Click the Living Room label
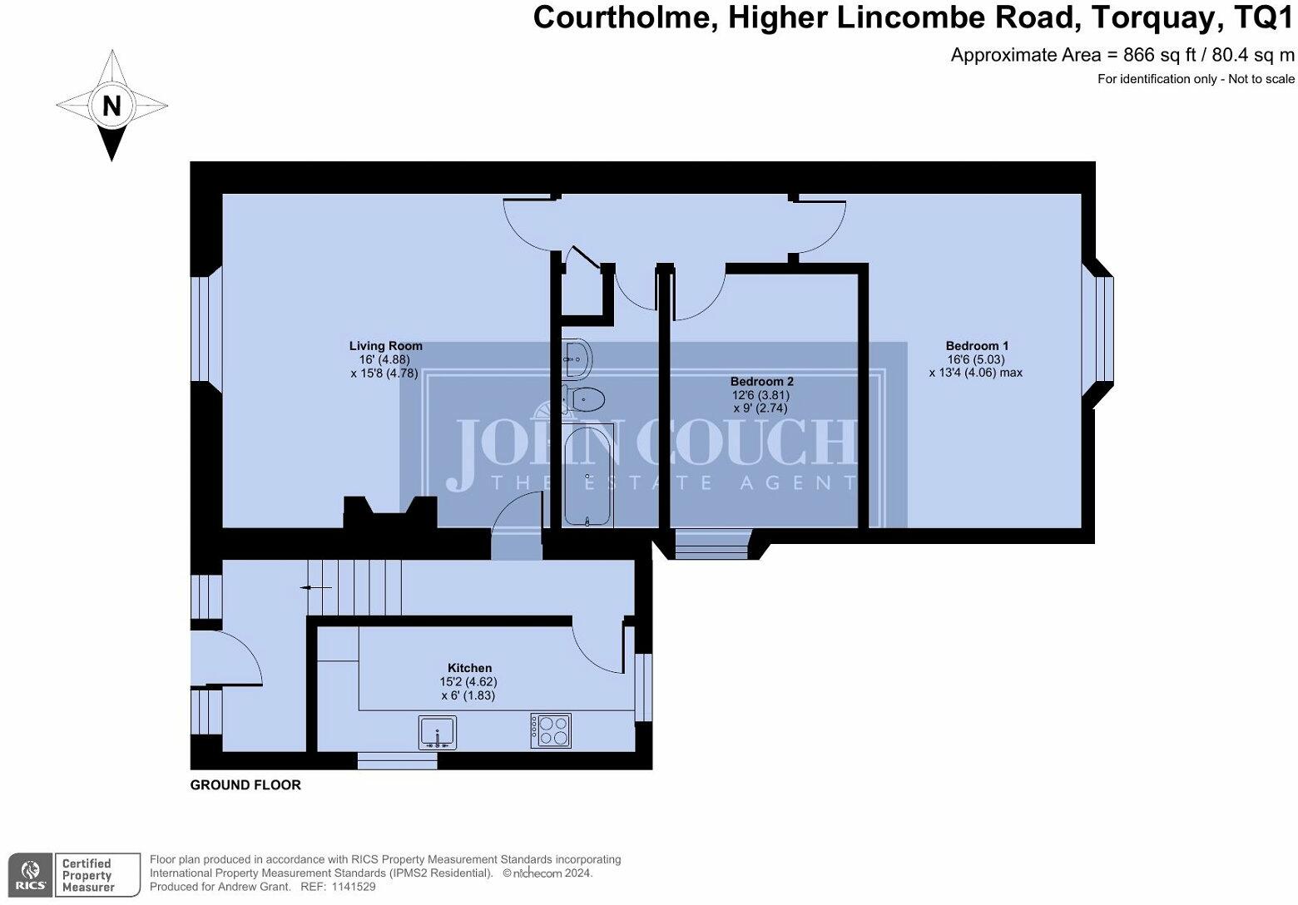pos(385,346)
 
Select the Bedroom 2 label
pos(761,382)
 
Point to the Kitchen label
pos(469,668)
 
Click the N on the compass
pos(111,106)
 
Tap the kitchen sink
pos(438,732)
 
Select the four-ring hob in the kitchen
pos(551,730)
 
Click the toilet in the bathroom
pos(584,398)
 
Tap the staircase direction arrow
pos(316,588)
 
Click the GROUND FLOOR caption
pos(245,785)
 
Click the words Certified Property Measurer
pos(87,875)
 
